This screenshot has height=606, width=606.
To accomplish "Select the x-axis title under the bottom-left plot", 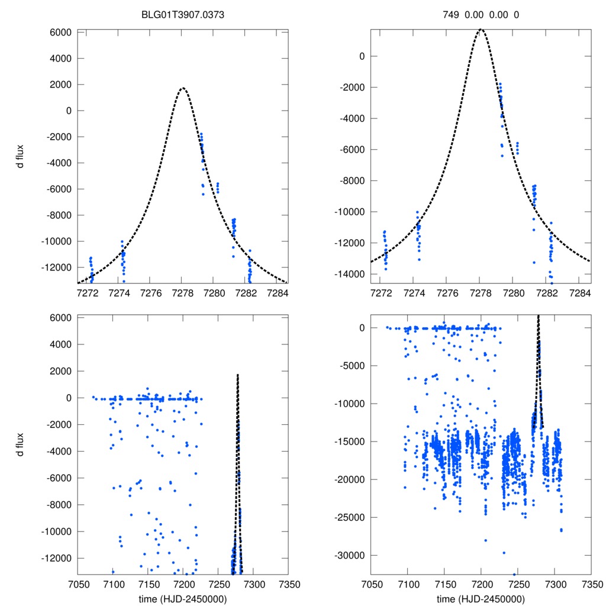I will point(182,599).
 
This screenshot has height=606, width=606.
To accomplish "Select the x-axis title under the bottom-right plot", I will point(481,599).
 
